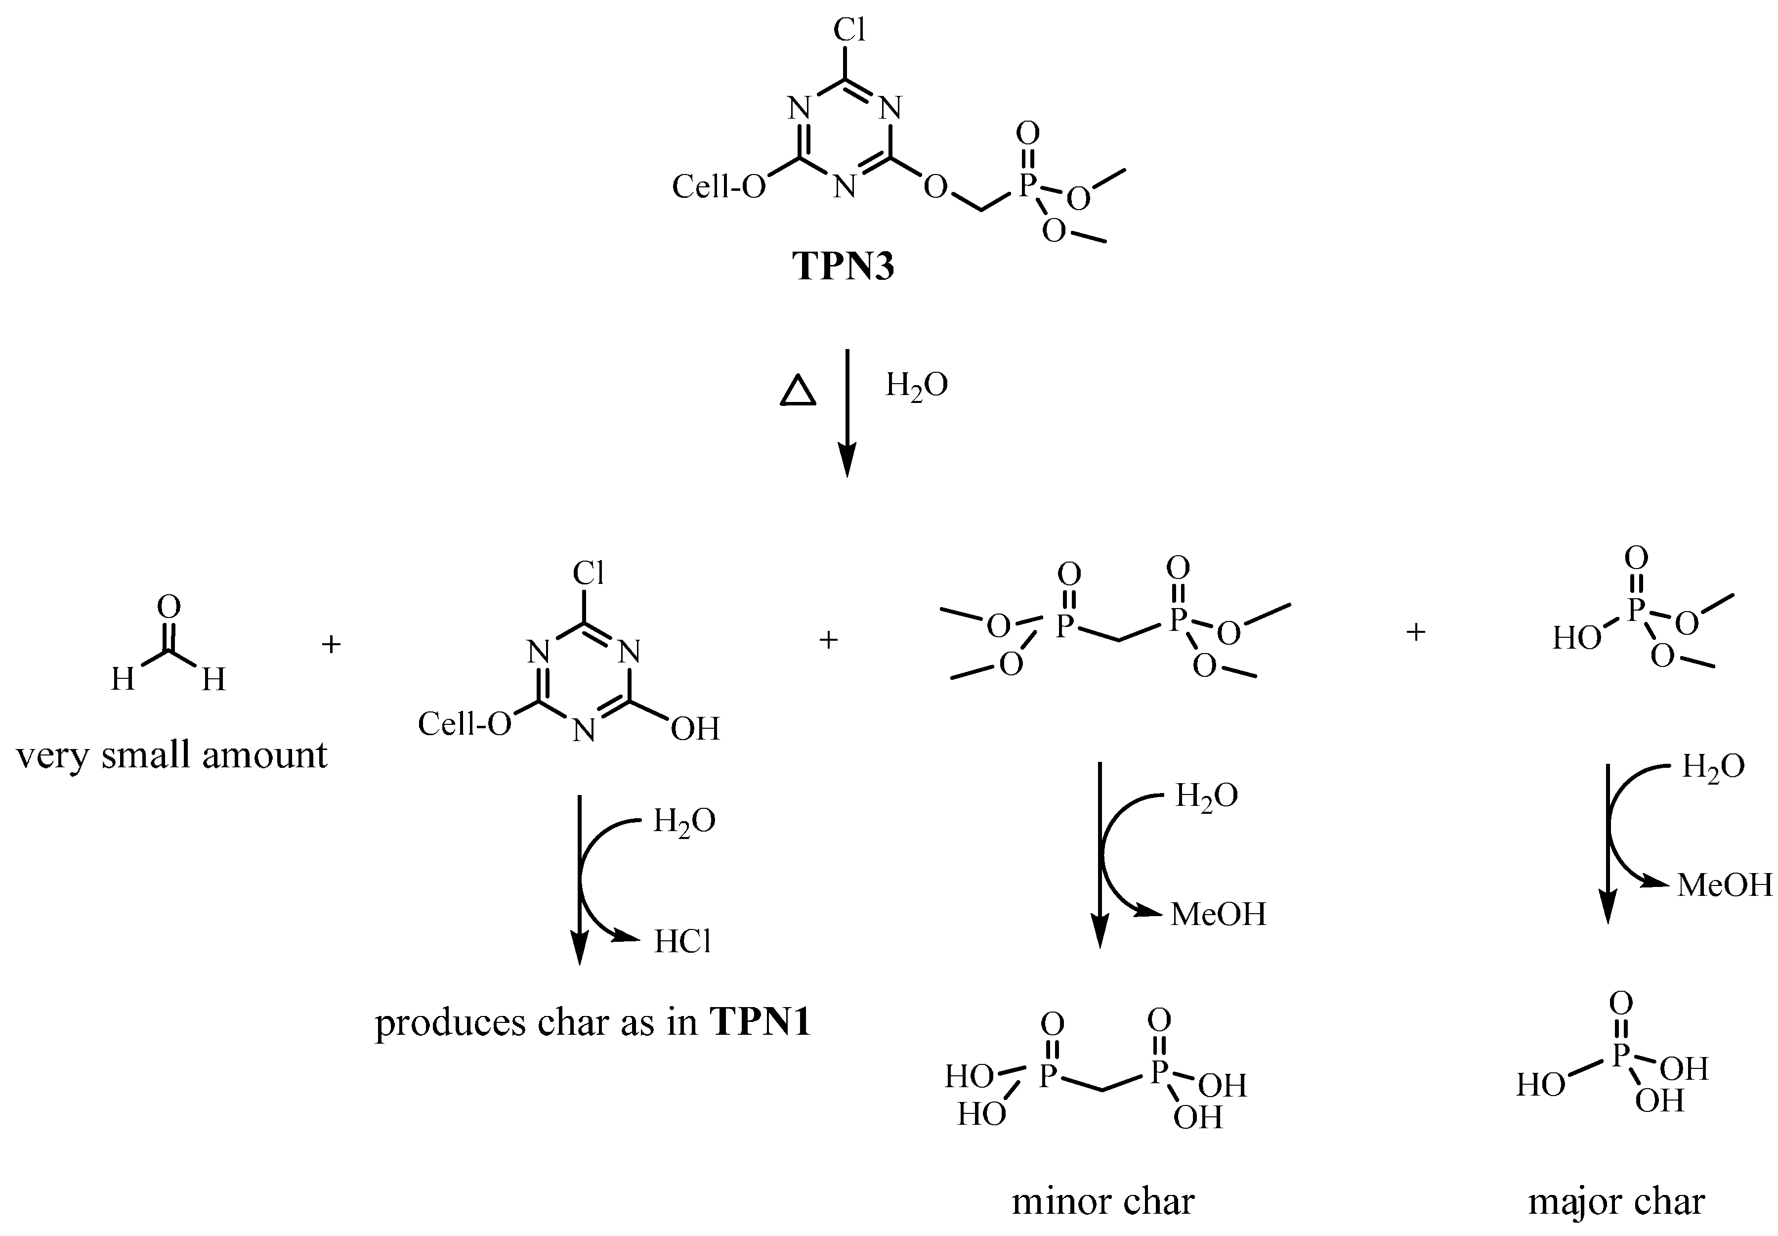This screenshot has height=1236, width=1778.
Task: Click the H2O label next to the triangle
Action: [x=917, y=385]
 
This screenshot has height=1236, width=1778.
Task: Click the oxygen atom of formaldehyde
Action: [x=169, y=607]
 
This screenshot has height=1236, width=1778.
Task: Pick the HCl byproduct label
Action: [x=682, y=942]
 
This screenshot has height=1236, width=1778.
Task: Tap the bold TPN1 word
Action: [x=760, y=1022]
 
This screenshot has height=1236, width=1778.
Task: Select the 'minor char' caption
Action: [x=1103, y=1201]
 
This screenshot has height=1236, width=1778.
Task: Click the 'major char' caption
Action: [x=1616, y=1201]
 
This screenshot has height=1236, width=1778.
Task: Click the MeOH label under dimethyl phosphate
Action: [x=1724, y=885]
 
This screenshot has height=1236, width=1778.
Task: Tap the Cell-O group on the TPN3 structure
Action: [x=719, y=187]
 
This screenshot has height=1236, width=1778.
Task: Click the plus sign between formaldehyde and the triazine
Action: [x=331, y=644]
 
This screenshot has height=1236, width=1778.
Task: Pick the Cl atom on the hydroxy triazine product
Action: [x=588, y=573]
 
